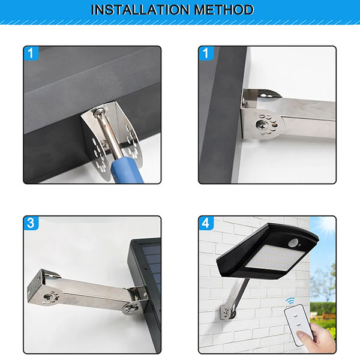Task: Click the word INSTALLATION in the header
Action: pyautogui.click(x=140, y=10)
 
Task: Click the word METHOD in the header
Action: pyautogui.click(x=224, y=10)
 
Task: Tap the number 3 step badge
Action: pyautogui.click(x=31, y=223)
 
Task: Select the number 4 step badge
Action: pyautogui.click(x=206, y=223)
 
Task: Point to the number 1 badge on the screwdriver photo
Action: pyautogui.click(x=31, y=53)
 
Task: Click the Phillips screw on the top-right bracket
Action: pyautogui.click(x=262, y=125)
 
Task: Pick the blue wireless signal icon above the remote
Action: pyautogui.click(x=290, y=301)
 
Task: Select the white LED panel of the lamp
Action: pyautogui.click(x=274, y=257)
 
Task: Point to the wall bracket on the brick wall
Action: pyautogui.click(x=227, y=312)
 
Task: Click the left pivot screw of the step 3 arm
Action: pyautogui.click(x=49, y=298)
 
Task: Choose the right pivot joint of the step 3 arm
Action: pyautogui.click(x=131, y=308)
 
